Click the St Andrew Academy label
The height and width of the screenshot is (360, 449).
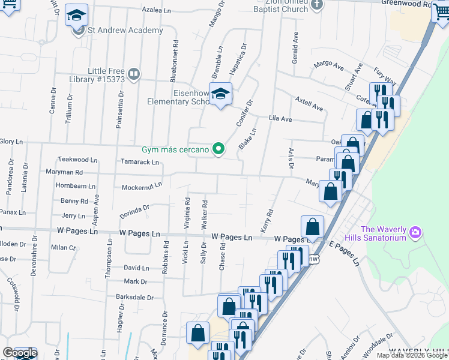[125, 31]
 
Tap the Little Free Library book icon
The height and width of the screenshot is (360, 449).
[133, 74]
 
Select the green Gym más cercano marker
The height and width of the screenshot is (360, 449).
[219, 149]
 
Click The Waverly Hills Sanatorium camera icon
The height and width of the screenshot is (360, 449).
[415, 232]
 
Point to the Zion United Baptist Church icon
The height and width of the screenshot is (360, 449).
[318, 5]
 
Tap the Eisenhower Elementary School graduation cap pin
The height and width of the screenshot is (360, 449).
[221, 94]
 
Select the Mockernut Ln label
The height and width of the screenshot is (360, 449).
[142, 187]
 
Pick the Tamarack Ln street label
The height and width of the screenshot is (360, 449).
[139, 162]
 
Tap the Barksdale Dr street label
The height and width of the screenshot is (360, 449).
[135, 297]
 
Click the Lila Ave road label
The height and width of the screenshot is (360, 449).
[280, 119]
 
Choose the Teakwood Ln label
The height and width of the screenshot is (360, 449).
[77, 160]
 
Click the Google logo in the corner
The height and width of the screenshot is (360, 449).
[19, 353]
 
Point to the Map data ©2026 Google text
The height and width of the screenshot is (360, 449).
[411, 355]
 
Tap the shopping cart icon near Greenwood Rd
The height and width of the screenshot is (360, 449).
[441, 14]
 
